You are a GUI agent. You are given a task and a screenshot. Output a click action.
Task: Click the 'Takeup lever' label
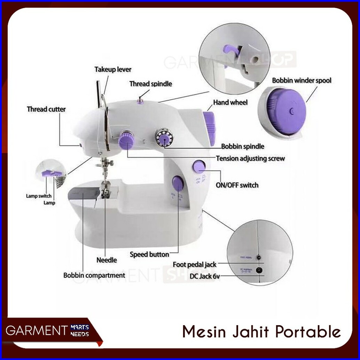click(x=113, y=70)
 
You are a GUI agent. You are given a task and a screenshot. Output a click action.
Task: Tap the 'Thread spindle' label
click(x=150, y=84)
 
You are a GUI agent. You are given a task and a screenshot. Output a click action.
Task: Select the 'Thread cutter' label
click(x=46, y=109)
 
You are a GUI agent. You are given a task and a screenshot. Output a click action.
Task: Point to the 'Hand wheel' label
click(x=230, y=102)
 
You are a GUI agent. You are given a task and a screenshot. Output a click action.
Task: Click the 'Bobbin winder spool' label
click(x=302, y=80)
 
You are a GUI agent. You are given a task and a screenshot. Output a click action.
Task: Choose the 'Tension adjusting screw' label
click(x=250, y=159)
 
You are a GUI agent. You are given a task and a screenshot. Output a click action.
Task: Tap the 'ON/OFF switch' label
click(x=237, y=185)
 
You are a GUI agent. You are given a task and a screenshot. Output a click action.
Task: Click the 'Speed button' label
click(x=149, y=255)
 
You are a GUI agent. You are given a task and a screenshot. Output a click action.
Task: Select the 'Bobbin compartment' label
click(x=94, y=275)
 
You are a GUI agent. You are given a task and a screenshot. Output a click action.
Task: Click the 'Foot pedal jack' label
click(x=194, y=265)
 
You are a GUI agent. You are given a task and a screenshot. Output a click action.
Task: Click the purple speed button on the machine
click(x=178, y=183)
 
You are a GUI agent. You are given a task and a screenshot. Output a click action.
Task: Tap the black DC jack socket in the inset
click(x=259, y=270)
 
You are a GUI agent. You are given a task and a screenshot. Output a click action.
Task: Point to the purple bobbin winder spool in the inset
click(x=287, y=111)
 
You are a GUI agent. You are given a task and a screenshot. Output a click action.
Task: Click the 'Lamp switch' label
click(x=39, y=196)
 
